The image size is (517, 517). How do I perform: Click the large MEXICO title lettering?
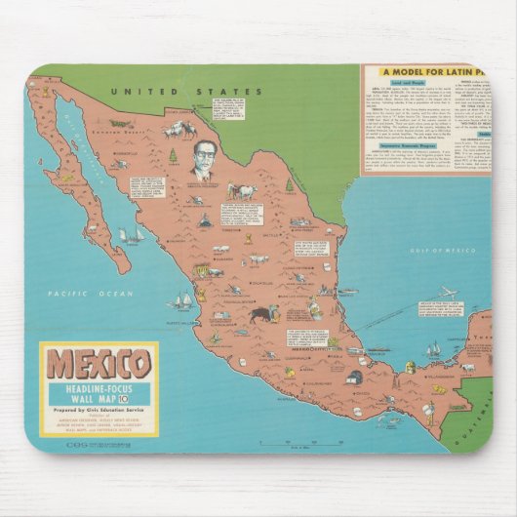[98, 363]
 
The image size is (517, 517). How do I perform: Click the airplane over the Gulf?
[448, 292]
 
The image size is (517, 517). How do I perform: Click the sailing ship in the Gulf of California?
[128, 235]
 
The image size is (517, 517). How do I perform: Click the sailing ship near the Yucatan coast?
[432, 349]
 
